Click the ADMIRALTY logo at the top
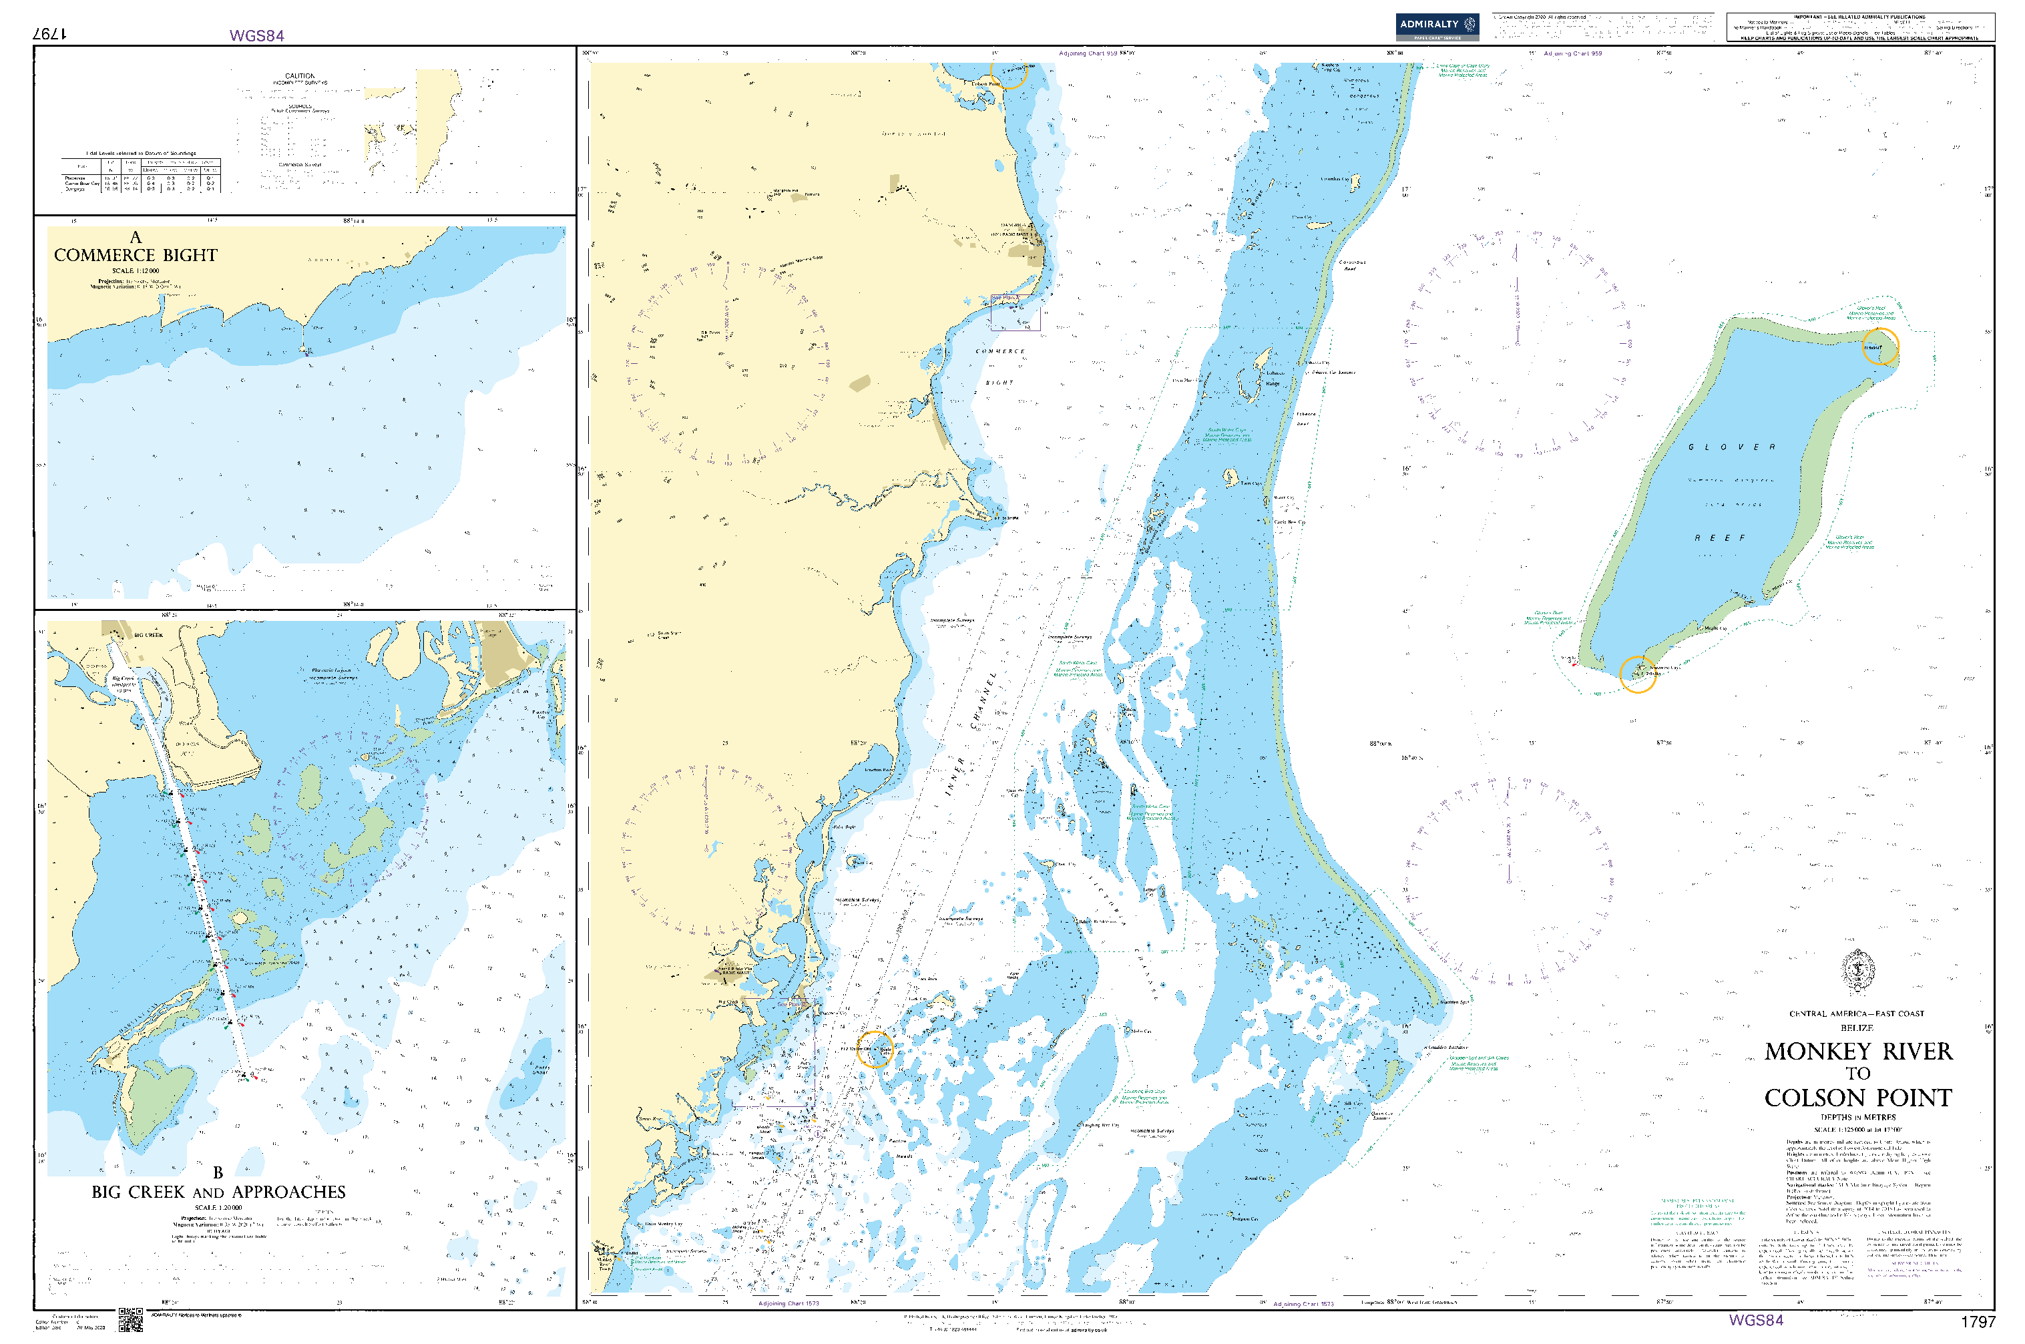[1435, 26]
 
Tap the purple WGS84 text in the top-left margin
[256, 35]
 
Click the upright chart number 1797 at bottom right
[1977, 1322]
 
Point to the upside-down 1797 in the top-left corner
[49, 33]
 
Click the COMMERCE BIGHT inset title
[136, 256]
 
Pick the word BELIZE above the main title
[1856, 1028]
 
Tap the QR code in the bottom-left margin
[130, 1319]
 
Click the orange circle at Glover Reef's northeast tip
[1880, 347]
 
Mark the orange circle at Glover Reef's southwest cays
[1637, 674]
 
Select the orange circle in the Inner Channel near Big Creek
[874, 1049]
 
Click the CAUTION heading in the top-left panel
[299, 76]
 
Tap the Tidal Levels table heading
[141, 154]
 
